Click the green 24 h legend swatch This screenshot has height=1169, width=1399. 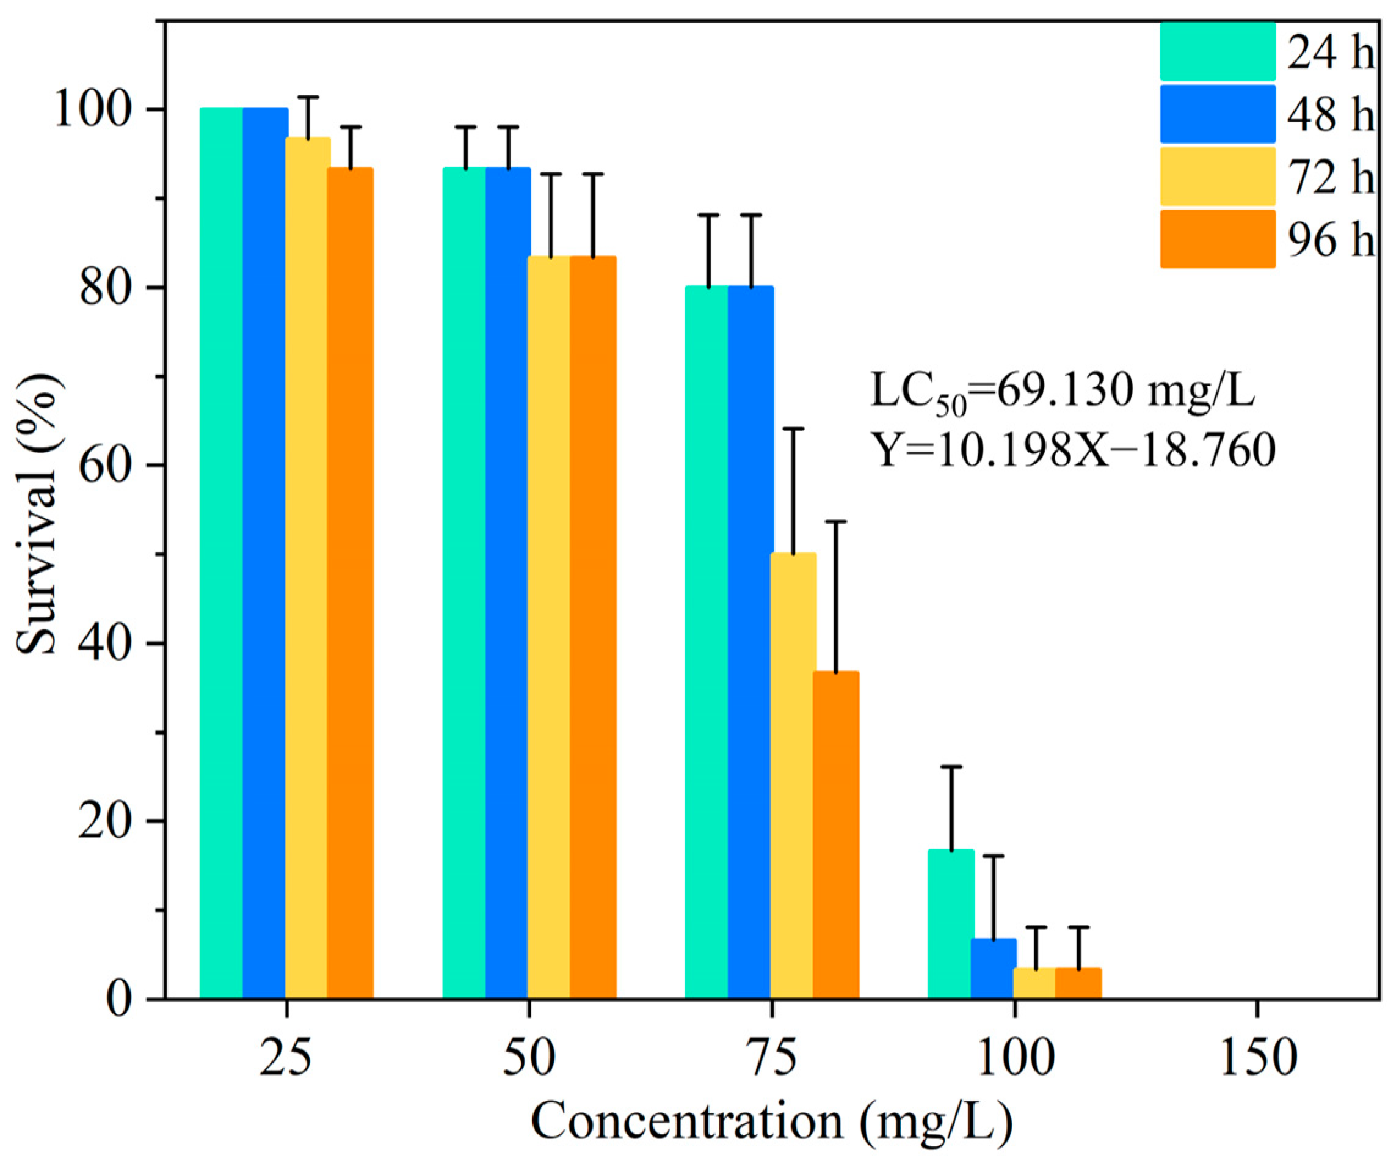pyautogui.click(x=1218, y=51)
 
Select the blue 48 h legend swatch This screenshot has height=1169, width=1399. pyautogui.click(x=1218, y=114)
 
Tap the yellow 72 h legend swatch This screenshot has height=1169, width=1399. pyautogui.click(x=1218, y=177)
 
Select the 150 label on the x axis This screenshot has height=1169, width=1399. pyautogui.click(x=1258, y=1058)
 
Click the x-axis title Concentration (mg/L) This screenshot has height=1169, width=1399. pyautogui.click(x=772, y=1123)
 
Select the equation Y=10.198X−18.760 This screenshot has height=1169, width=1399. pyautogui.click(x=1074, y=450)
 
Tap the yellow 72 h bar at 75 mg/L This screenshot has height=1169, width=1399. pyautogui.click(x=793, y=777)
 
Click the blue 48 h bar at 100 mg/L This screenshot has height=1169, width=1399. pyautogui.click(x=994, y=969)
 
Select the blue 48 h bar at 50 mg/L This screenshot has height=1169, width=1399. pyautogui.click(x=507, y=583)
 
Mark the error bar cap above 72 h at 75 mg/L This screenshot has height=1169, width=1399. pyautogui.click(x=793, y=428)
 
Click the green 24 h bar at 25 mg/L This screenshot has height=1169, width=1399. pyautogui.click(x=222, y=553)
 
